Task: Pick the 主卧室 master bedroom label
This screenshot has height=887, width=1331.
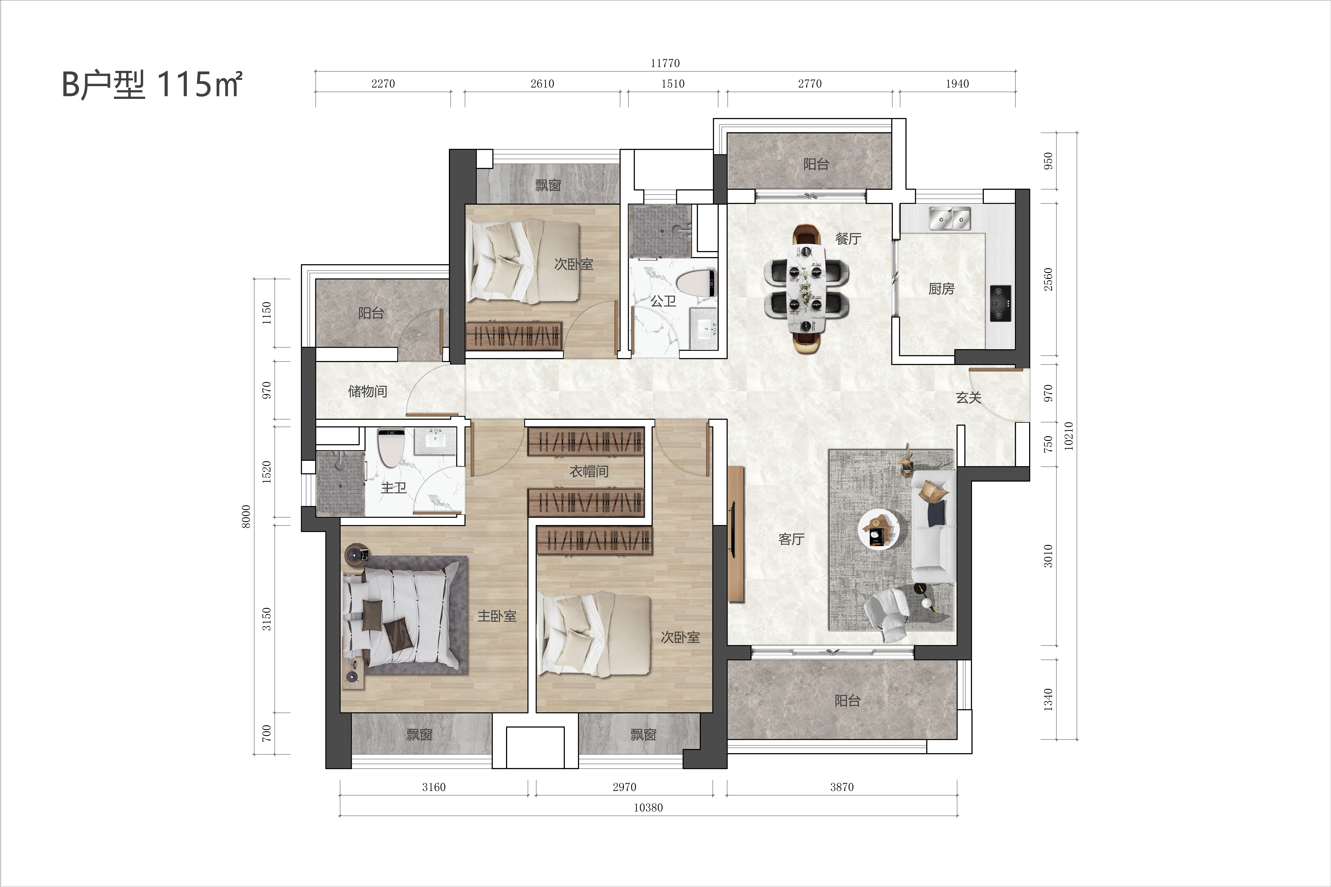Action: [x=497, y=616]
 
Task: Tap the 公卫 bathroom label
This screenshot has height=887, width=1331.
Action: [x=663, y=301]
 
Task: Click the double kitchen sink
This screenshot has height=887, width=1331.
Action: [x=950, y=218]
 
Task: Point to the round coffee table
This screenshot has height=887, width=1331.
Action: [x=879, y=528]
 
